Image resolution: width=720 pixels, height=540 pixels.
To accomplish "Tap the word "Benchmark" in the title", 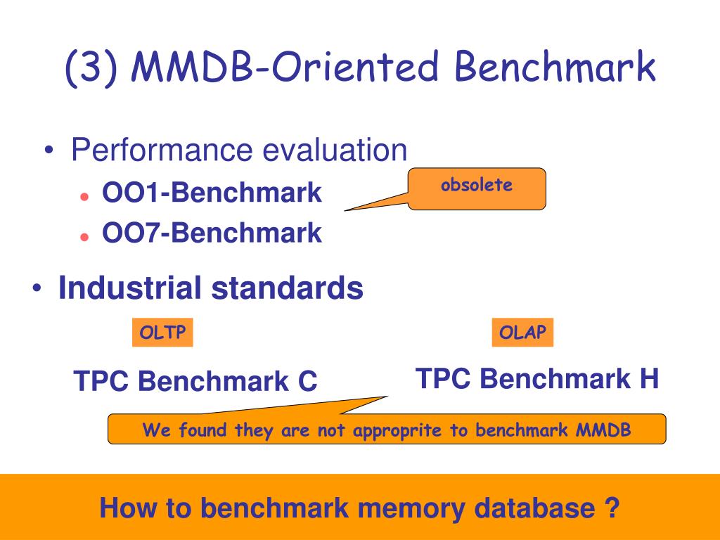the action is (x=555, y=66).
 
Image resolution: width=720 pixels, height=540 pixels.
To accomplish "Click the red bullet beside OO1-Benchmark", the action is (x=84, y=197).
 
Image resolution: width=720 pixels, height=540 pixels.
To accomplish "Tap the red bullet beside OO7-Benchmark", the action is (x=84, y=237).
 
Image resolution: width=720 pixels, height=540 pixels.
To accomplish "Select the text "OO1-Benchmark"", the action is (x=212, y=192).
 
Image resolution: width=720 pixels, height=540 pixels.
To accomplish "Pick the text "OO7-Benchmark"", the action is (x=212, y=232).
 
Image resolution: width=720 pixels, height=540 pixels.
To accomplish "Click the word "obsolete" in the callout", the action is (x=477, y=185).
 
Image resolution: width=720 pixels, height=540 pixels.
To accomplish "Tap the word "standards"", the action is (x=288, y=288).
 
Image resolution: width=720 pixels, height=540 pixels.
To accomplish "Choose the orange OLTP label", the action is (x=162, y=332).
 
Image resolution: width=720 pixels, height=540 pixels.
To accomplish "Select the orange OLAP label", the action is (x=522, y=332).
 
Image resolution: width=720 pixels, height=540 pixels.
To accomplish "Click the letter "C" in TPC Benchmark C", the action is (x=307, y=381).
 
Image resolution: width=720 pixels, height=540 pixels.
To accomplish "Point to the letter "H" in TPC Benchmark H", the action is (x=649, y=378).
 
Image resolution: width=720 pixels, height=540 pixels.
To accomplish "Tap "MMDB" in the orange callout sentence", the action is (x=603, y=430).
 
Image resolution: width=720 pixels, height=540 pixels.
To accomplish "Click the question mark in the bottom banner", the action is (x=612, y=508).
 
